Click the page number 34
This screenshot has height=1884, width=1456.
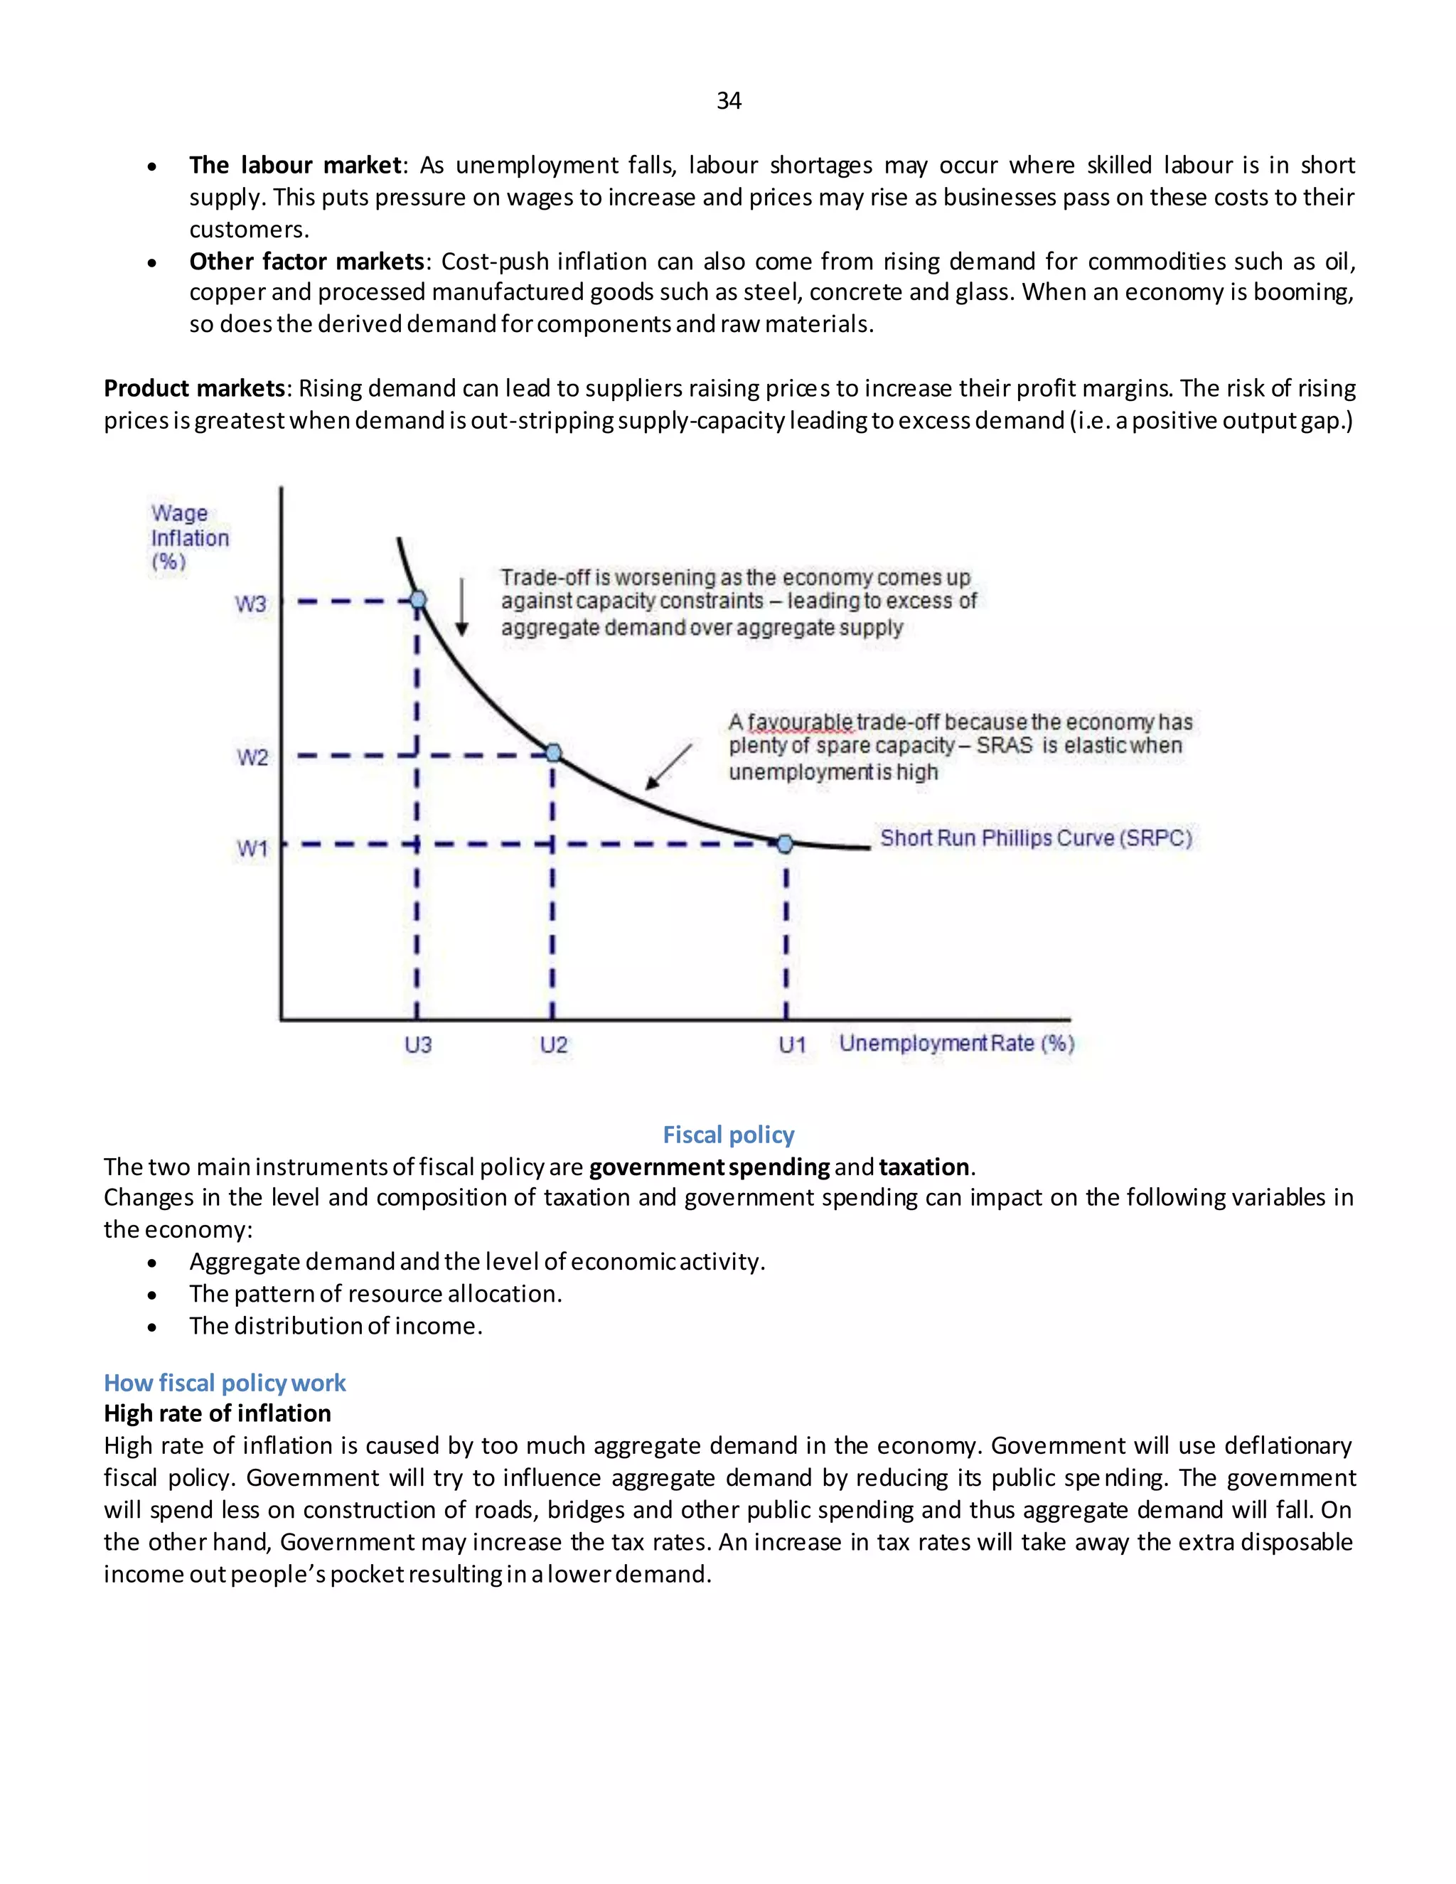[728, 101]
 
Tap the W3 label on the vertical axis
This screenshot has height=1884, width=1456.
[251, 604]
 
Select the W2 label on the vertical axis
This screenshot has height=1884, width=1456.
[252, 757]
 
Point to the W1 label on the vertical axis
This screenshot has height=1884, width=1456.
[252, 849]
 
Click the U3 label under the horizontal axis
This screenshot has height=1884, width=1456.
[417, 1044]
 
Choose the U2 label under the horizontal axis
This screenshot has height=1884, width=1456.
[553, 1044]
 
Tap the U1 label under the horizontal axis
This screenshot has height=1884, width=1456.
[792, 1044]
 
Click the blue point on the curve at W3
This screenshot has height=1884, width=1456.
[417, 599]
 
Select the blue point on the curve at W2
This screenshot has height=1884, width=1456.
[553, 753]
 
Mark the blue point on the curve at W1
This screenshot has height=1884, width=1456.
[784, 844]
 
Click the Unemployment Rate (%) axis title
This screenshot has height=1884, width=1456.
[957, 1043]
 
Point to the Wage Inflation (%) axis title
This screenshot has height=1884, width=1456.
[189, 537]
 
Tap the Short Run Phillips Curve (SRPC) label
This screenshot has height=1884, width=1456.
[1036, 837]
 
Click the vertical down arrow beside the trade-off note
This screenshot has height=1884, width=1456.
[461, 607]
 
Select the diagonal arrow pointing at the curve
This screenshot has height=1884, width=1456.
[668, 767]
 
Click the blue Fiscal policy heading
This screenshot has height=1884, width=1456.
[728, 1135]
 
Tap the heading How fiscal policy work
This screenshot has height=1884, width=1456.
[224, 1383]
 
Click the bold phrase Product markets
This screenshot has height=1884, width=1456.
[194, 388]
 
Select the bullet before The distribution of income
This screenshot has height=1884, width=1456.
[153, 1327]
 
